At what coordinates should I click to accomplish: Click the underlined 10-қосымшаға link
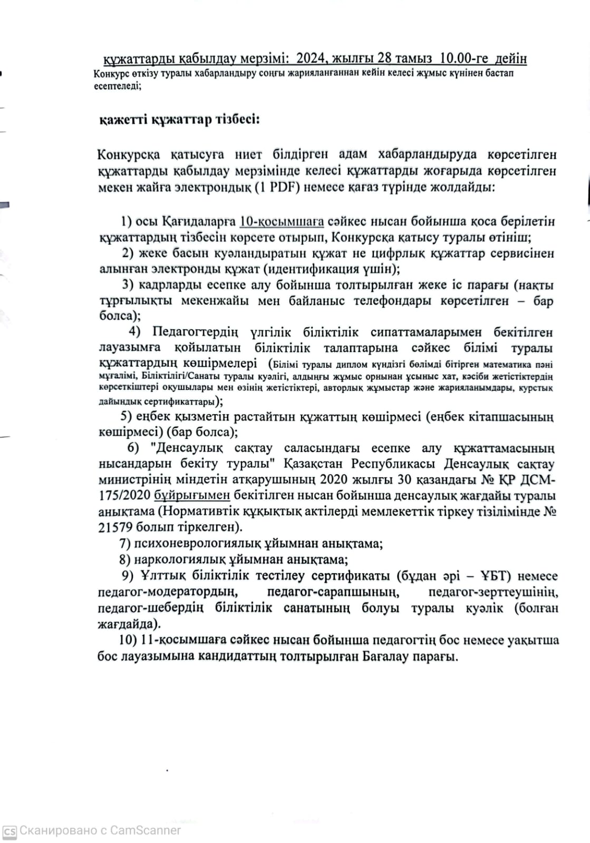pos(282,221)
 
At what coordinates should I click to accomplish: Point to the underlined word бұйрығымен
pos(192,495)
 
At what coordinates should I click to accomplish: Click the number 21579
pos(115,527)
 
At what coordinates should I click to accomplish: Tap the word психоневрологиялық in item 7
pos(188,543)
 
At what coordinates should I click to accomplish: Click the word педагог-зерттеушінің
pos(494,592)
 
